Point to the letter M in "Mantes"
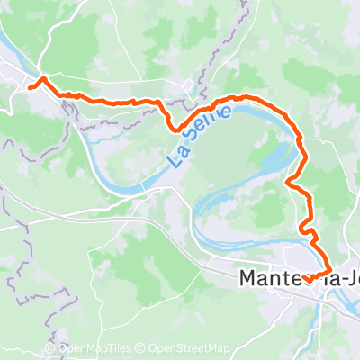247,280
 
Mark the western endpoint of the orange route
32,86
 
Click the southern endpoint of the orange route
307,281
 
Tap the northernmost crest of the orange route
243,95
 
